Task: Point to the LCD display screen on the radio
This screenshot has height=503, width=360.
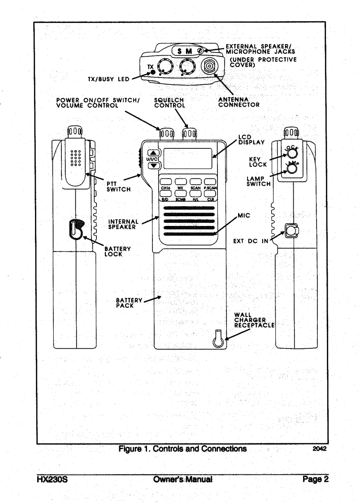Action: click(188, 159)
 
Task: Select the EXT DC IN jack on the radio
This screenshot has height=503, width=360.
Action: click(292, 231)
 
